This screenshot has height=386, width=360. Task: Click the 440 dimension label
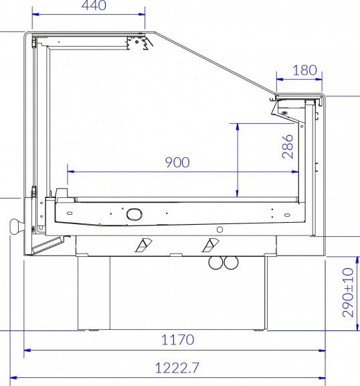tap(94, 5)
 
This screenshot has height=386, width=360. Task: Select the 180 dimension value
tap(305, 70)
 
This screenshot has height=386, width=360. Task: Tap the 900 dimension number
tap(177, 163)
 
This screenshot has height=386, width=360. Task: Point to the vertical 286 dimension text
tap(288, 147)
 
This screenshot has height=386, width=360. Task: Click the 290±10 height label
tap(348, 292)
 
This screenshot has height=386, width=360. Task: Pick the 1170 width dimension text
tap(177, 340)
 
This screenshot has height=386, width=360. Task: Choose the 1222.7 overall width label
tap(177, 368)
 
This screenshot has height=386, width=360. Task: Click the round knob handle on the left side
tap(17, 226)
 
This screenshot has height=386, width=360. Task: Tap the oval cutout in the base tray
tap(134, 214)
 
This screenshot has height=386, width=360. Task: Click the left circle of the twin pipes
tap(216, 262)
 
